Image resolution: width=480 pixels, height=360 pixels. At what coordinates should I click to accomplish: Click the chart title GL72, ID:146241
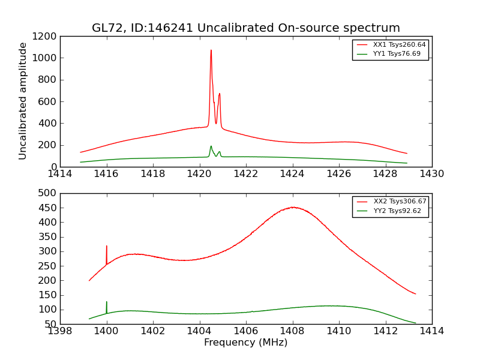tap(245, 28)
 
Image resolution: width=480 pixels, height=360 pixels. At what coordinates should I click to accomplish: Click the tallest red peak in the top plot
tap(211, 50)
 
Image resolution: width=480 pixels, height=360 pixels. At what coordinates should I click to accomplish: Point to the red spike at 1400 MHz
tap(107, 246)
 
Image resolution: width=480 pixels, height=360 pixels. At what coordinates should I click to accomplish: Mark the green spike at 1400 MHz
tap(107, 302)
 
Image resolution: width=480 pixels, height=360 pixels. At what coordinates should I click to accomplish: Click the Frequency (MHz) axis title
tap(245, 343)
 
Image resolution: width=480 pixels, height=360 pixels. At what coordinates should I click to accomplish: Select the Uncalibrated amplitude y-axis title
tap(23, 101)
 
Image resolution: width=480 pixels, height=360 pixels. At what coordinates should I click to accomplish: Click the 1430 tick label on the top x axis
tap(431, 174)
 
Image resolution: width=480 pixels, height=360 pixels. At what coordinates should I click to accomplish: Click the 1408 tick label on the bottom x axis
tap(292, 331)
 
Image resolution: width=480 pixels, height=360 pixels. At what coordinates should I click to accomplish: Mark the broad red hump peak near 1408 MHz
tap(293, 208)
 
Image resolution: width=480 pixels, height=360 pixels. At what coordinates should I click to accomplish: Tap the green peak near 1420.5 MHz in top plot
tap(211, 146)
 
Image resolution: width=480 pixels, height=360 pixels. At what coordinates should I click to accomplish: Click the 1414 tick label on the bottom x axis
tap(431, 331)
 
